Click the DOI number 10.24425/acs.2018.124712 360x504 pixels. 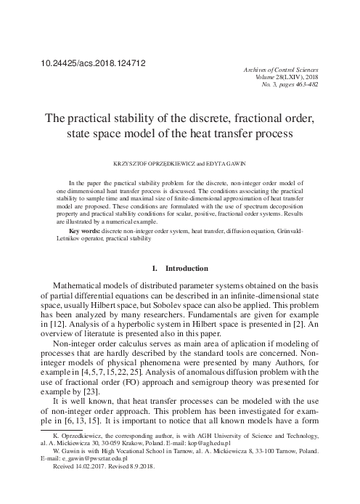tap(94, 63)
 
